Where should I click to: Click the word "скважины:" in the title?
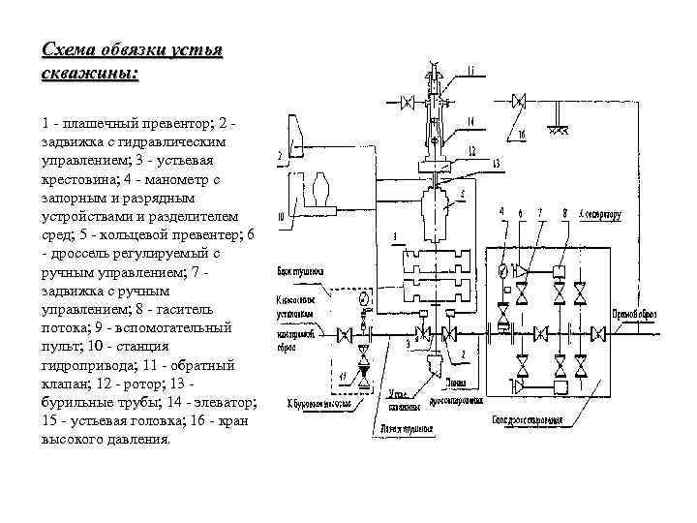[89, 76]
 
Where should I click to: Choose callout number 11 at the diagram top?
[470, 70]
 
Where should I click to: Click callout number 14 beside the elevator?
[468, 121]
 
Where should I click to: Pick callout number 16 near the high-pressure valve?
[521, 135]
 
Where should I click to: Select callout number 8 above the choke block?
[564, 210]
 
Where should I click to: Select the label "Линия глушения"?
[403, 427]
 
